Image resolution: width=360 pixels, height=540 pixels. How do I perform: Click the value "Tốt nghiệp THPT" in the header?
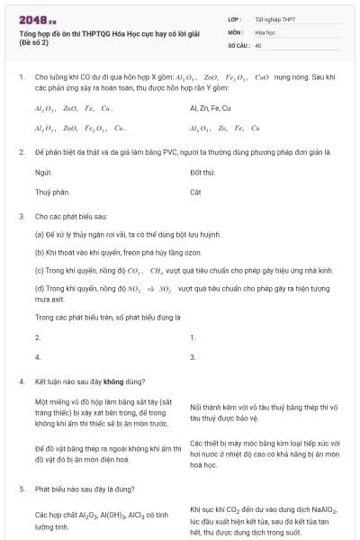click(274, 19)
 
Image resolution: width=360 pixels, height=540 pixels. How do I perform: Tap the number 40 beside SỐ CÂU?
click(258, 44)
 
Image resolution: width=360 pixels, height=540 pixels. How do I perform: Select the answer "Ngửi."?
click(42, 171)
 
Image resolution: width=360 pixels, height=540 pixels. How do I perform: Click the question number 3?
click(22, 217)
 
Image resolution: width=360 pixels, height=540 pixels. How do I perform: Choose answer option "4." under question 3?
click(38, 357)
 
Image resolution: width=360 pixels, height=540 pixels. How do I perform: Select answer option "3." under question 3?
click(193, 357)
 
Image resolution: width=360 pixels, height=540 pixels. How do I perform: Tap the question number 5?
click(22, 488)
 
